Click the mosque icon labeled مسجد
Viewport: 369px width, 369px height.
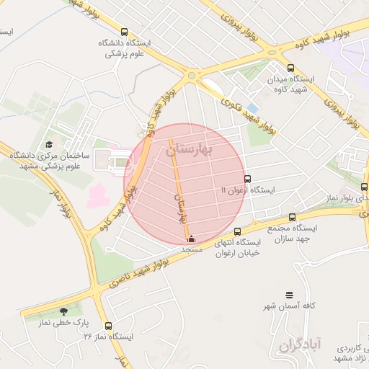(190, 239)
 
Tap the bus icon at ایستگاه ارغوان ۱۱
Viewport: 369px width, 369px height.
(248, 179)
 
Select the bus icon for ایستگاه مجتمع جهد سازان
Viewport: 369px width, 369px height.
(292, 216)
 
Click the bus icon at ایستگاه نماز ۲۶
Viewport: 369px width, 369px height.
(108, 326)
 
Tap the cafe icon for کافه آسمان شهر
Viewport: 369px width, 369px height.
(289, 295)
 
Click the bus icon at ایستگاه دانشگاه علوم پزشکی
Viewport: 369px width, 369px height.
(124, 32)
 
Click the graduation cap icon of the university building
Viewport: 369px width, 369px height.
(49, 145)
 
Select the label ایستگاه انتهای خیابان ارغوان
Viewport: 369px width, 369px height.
(241, 247)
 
